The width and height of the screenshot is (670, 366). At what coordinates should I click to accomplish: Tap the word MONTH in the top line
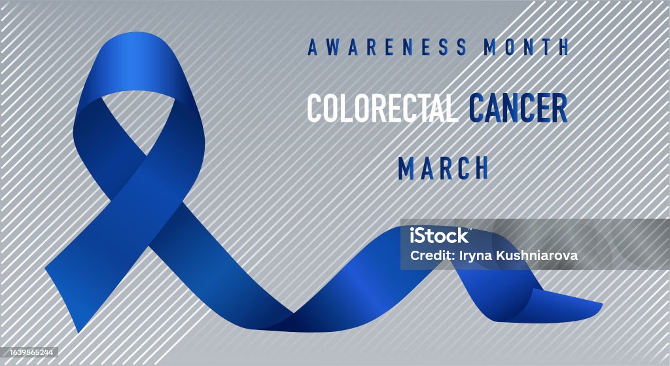[x=526, y=46]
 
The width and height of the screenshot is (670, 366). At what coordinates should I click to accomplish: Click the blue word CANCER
[x=518, y=107]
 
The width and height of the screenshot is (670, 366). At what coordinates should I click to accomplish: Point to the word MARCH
[x=443, y=168]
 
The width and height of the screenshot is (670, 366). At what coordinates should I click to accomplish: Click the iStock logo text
[x=439, y=236]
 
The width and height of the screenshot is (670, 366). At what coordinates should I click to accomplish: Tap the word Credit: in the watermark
[x=432, y=255]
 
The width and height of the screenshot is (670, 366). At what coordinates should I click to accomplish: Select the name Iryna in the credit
[x=475, y=256]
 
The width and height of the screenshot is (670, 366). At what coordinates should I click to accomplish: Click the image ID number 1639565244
[x=29, y=352]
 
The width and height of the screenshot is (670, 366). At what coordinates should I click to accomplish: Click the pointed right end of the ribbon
[x=602, y=304]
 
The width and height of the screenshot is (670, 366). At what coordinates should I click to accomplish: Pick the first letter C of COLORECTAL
[x=315, y=107]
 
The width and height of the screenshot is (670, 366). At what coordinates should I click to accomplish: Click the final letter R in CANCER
[x=559, y=107]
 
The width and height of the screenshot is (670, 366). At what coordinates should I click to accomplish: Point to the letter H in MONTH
[x=563, y=47]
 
